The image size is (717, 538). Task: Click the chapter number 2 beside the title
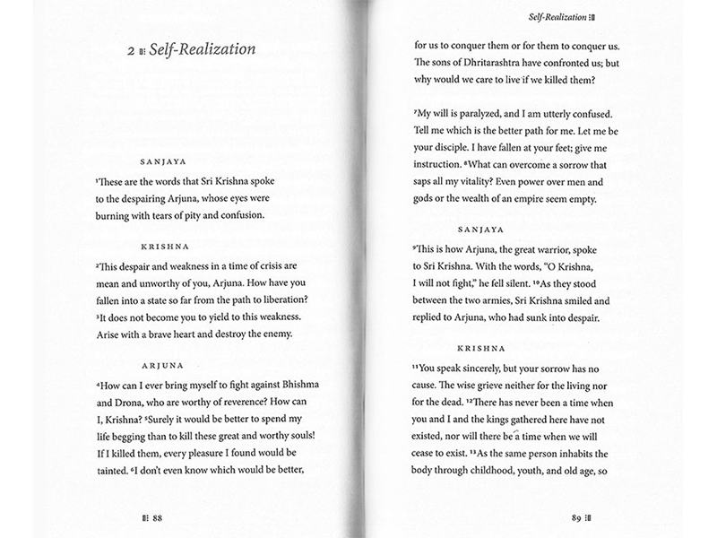coord(131,53)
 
